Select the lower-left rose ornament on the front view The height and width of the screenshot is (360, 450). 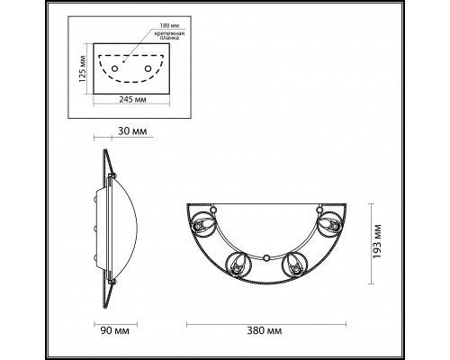pos(239,265)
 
